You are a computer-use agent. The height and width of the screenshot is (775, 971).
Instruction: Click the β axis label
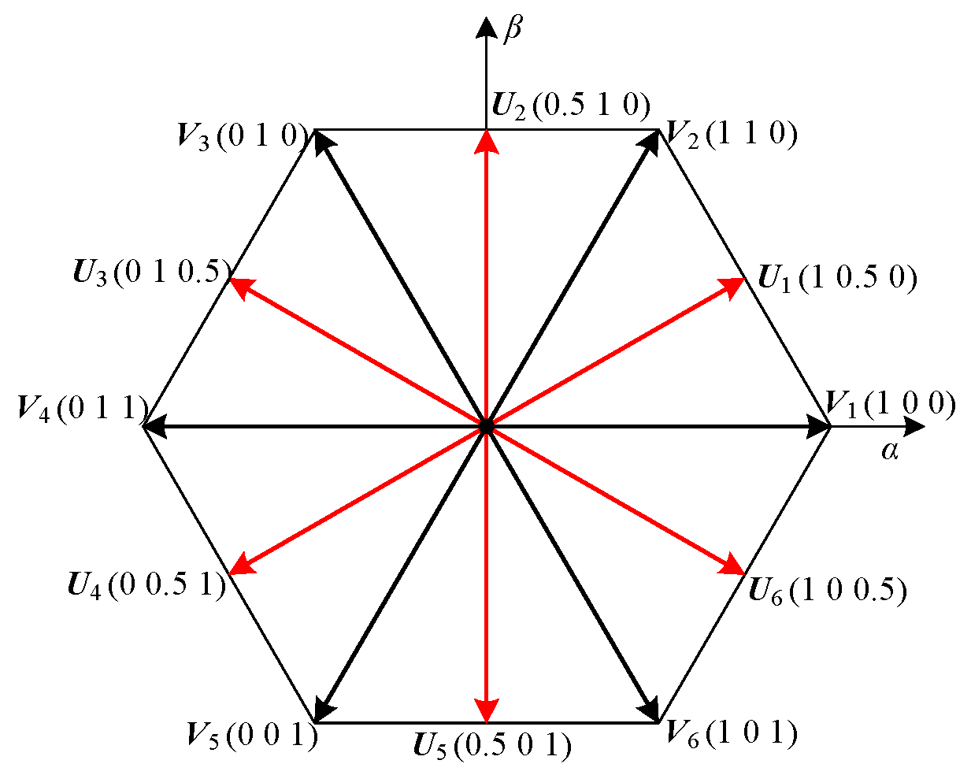tap(512, 29)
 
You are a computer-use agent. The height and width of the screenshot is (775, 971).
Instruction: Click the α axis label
tap(890, 451)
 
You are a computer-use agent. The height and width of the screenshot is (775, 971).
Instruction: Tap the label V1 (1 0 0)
tap(891, 404)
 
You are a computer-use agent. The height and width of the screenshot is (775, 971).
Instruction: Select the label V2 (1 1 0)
tap(732, 135)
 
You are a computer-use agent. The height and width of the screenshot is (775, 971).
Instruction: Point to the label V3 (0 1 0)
tap(241, 135)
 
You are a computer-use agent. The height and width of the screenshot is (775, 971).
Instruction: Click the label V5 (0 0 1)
tap(252, 735)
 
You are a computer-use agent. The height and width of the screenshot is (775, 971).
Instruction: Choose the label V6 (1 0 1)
tap(732, 733)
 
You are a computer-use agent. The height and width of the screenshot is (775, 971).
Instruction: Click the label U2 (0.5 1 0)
tap(571, 105)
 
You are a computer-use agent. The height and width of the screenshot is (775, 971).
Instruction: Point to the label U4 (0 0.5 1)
tap(147, 585)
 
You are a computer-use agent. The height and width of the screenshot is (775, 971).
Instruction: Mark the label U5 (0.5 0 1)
tap(492, 745)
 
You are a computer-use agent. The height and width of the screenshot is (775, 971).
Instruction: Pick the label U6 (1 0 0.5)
tap(827, 590)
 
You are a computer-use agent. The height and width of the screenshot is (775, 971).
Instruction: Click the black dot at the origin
tap(487, 426)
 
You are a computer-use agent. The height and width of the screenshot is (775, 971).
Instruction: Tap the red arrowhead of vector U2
tap(487, 141)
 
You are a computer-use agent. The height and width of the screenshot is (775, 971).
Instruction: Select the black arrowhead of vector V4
tap(154, 426)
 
